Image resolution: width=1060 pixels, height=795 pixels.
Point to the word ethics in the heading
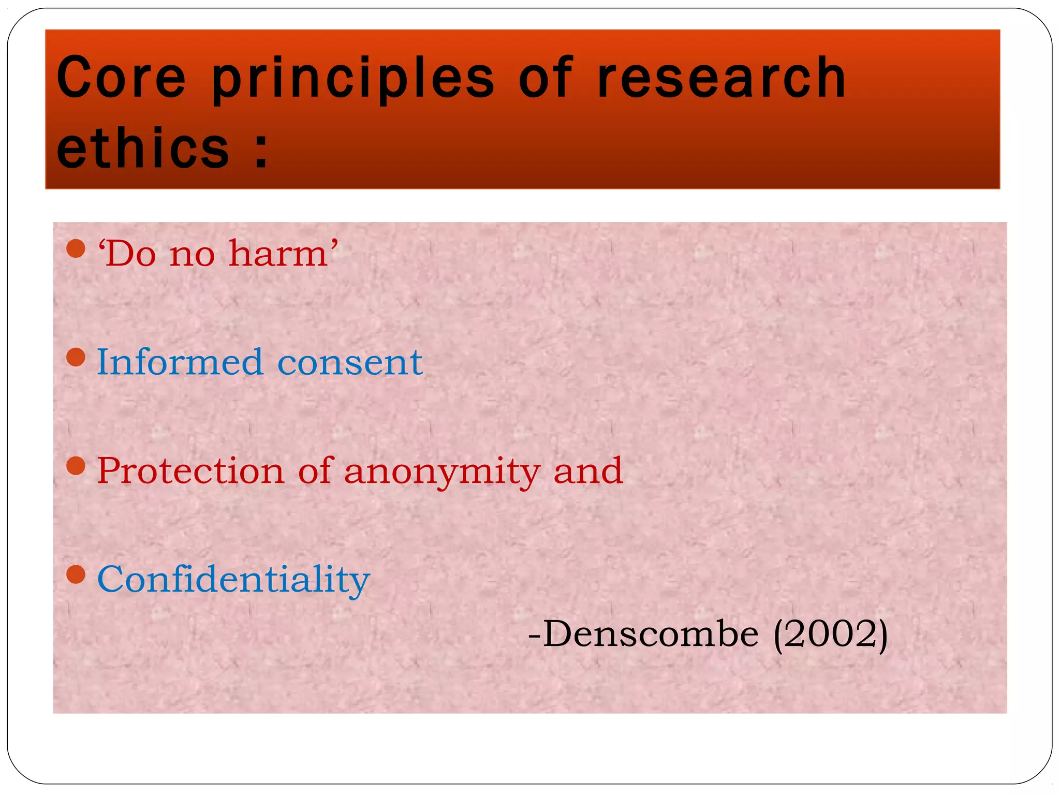142,149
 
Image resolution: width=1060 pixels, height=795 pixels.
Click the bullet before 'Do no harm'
76,248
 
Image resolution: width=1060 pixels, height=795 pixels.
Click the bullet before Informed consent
76,357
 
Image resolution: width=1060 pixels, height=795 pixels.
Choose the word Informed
180,362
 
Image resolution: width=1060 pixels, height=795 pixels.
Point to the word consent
350,363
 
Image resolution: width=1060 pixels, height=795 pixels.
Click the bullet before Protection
76,466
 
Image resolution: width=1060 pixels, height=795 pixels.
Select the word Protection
190,471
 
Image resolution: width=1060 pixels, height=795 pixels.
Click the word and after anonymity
587,471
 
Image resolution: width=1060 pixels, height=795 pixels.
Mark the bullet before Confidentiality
76,574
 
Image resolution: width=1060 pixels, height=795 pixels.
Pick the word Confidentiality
233,580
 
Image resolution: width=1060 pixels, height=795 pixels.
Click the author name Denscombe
650,634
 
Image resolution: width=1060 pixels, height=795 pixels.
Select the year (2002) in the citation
830,634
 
